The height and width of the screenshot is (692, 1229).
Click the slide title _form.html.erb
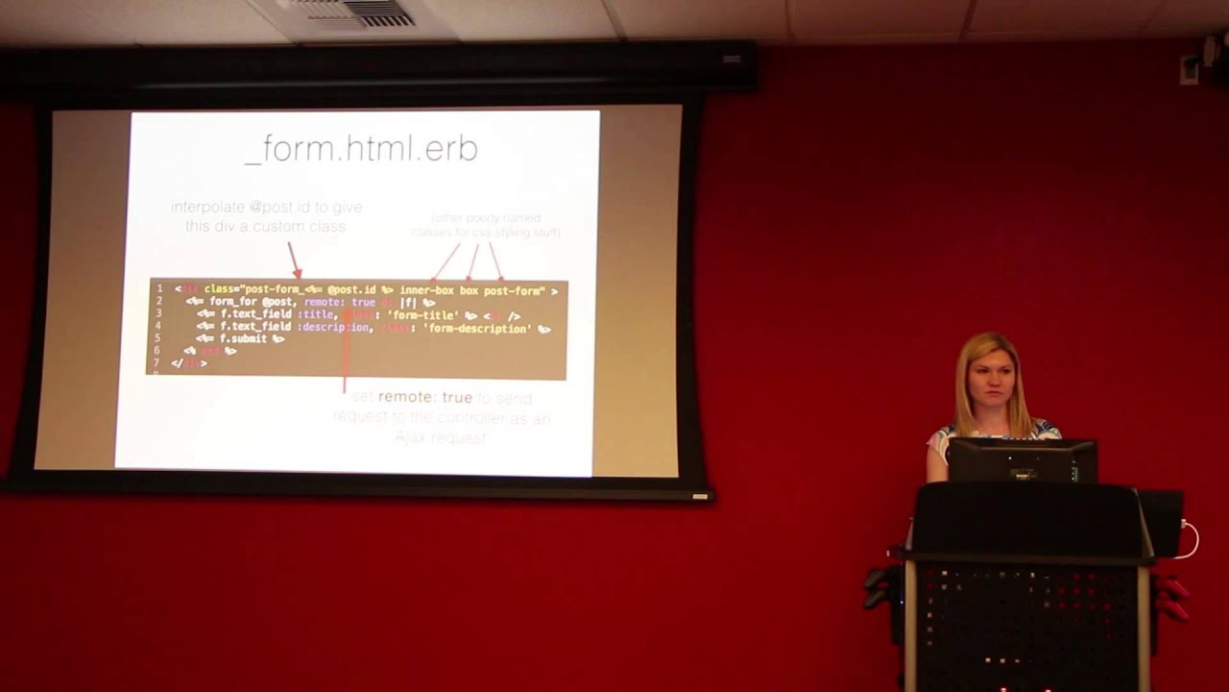point(362,150)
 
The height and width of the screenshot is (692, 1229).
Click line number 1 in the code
point(159,289)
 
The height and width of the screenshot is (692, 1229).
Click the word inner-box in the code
point(426,290)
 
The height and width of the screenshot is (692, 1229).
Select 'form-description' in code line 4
point(477,329)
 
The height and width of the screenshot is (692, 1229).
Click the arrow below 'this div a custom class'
point(294,260)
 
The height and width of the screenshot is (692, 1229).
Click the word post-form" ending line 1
point(514,290)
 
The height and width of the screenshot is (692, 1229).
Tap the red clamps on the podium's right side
point(1173,598)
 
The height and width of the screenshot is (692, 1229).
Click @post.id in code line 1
point(351,289)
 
